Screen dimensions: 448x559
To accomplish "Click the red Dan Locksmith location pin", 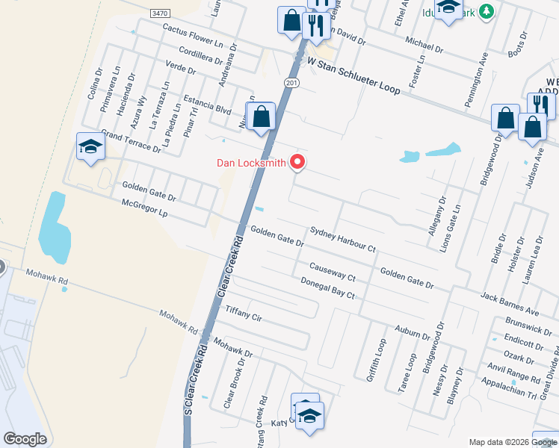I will click(x=298, y=162).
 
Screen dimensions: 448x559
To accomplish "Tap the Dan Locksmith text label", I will click(x=252, y=162).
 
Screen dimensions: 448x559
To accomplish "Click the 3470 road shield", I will click(x=159, y=13).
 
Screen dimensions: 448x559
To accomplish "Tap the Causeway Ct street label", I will click(x=333, y=272).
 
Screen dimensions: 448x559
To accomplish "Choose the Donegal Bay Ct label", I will click(x=327, y=287).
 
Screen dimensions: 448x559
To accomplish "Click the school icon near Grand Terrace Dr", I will click(x=90, y=147).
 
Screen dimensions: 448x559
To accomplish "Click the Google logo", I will click(x=25, y=439).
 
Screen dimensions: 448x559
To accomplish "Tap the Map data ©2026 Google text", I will click(x=512, y=441).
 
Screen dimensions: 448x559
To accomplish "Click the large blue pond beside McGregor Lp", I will click(x=55, y=224).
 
